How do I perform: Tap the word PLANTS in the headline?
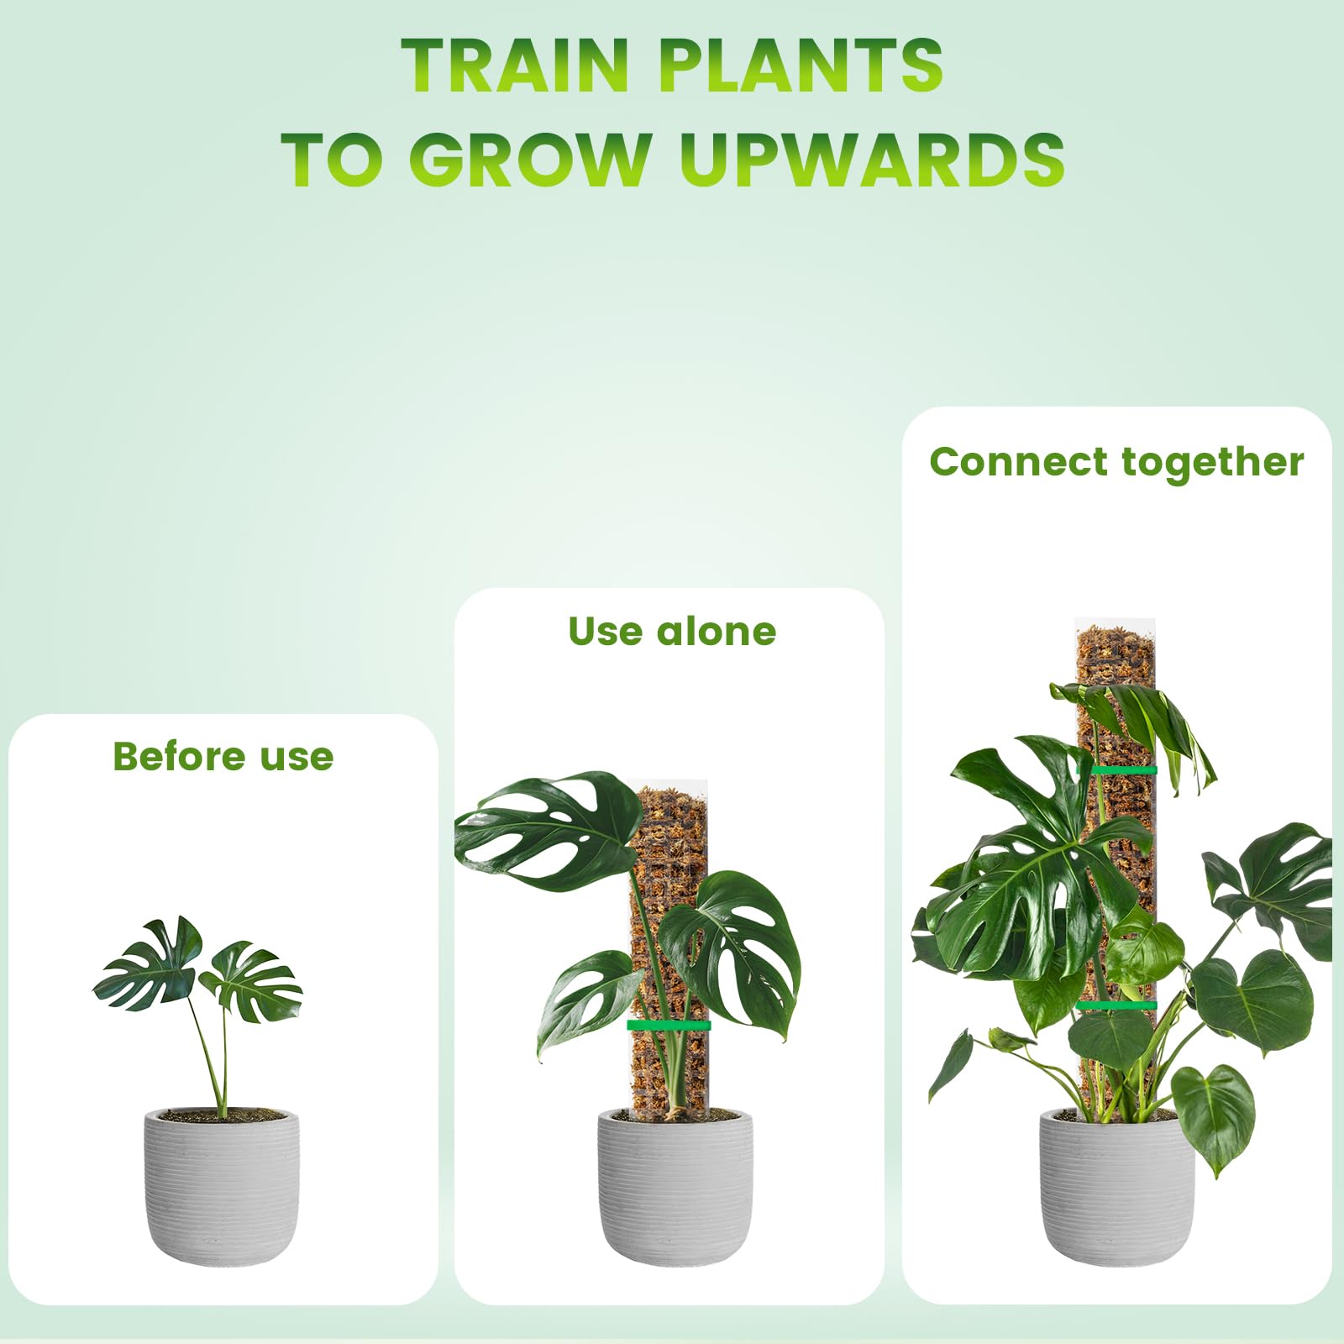coord(801,65)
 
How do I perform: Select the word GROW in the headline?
coord(531,159)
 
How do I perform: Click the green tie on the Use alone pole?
coord(669,1026)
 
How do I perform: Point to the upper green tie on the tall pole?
coord(1117,770)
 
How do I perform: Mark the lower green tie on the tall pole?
coord(1117,1005)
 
